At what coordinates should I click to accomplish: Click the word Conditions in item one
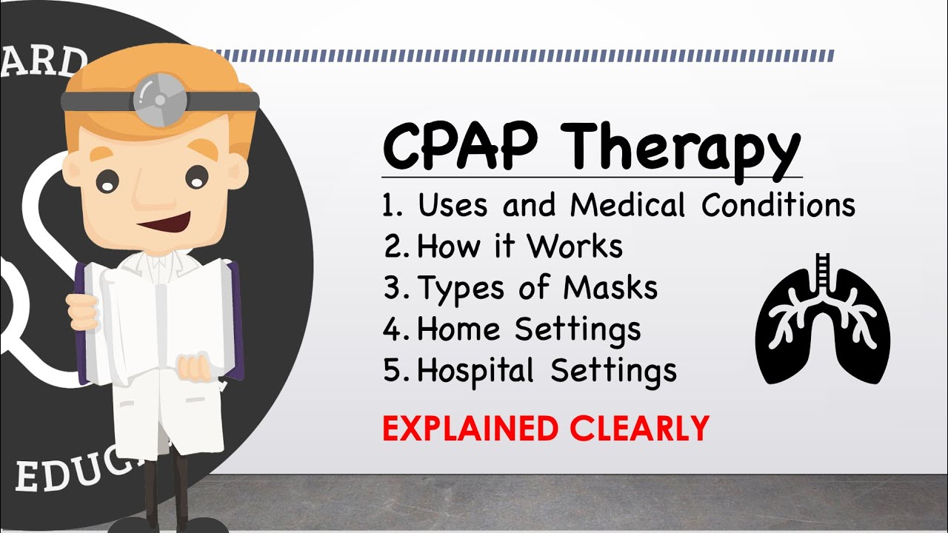[x=778, y=206]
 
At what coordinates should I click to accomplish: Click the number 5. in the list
[x=393, y=369]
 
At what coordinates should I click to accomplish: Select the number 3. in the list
[x=393, y=288]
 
